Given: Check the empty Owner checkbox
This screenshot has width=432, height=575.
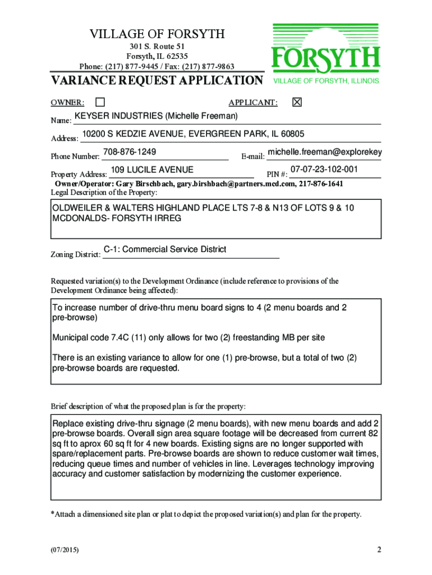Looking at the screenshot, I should point(100,102).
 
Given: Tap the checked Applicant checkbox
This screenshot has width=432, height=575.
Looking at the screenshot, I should point(297,102).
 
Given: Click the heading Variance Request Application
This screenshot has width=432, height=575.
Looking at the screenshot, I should point(157,81).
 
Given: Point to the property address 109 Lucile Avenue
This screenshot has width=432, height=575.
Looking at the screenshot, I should point(152,170).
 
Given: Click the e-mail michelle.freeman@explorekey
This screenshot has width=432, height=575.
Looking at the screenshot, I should point(325,152).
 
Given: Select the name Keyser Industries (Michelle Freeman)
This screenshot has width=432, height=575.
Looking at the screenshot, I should point(157,116).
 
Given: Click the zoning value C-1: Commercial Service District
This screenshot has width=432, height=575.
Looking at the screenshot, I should point(165,249).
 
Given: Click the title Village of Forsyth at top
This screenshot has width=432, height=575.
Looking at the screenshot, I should point(157,35).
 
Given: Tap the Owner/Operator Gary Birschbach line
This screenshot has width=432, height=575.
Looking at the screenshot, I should point(199,184).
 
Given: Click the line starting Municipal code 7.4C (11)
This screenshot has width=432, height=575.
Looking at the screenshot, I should point(189,337).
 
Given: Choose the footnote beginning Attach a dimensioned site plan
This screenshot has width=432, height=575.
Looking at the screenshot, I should point(206,514).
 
